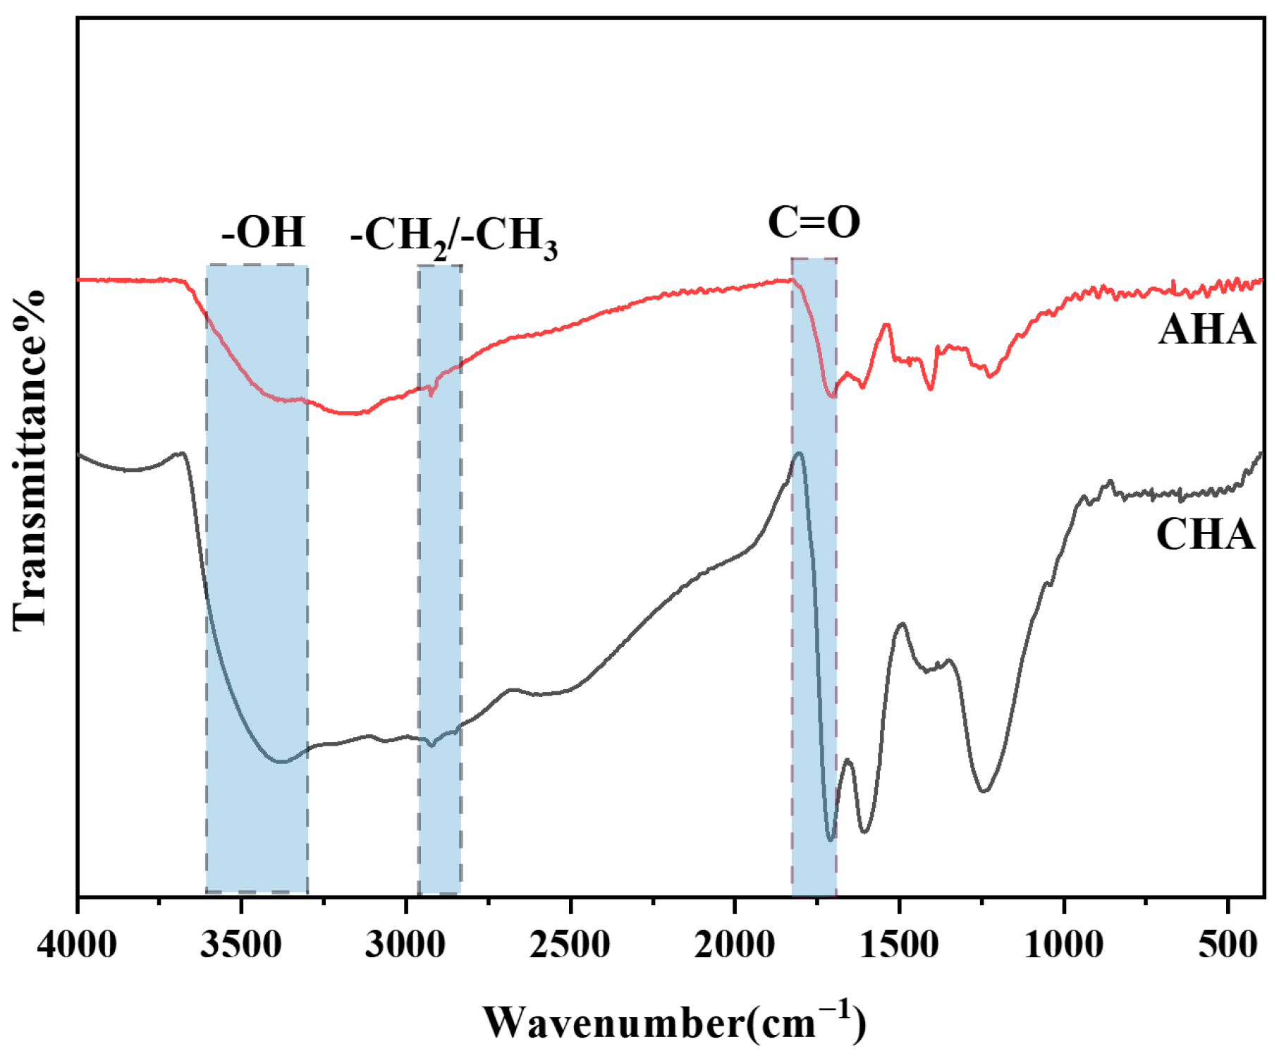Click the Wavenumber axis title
(673, 1022)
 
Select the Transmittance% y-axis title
(30, 459)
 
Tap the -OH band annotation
(263, 232)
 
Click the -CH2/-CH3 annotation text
(453, 236)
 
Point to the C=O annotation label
(814, 222)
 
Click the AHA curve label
(1206, 329)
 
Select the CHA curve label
(1205, 534)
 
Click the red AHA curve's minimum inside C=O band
(833, 396)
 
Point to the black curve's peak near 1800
(799, 454)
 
